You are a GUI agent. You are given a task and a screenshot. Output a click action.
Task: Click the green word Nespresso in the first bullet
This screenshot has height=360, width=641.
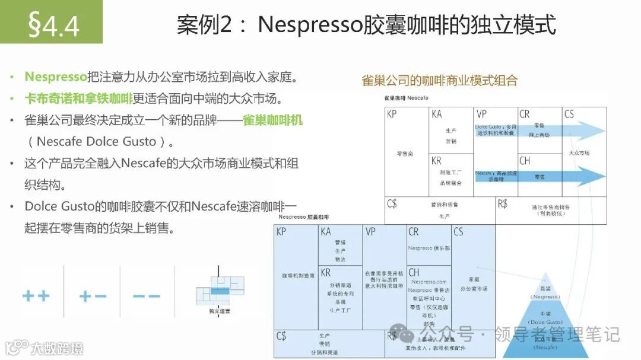click(x=55, y=77)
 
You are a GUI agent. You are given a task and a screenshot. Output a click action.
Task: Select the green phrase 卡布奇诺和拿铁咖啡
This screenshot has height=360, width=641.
click(x=79, y=98)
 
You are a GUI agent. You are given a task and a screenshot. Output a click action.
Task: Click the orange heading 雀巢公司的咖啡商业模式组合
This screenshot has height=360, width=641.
click(x=440, y=81)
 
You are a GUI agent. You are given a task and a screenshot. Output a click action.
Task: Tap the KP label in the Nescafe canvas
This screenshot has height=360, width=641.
click(x=392, y=114)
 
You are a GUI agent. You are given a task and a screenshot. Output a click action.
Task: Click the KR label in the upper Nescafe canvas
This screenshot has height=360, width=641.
click(x=436, y=161)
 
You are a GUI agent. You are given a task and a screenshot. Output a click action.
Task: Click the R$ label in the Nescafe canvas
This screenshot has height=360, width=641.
click(x=503, y=203)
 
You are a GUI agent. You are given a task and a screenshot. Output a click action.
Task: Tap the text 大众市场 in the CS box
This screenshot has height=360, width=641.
click(x=579, y=153)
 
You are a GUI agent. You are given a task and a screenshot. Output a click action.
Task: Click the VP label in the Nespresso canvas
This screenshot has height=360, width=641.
click(x=371, y=232)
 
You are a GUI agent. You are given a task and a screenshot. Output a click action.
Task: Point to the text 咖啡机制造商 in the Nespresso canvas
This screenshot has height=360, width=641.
click(x=295, y=276)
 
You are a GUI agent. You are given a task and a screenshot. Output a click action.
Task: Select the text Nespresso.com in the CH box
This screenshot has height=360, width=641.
click(x=427, y=282)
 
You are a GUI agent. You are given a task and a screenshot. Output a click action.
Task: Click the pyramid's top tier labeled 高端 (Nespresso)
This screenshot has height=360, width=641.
click(x=545, y=292)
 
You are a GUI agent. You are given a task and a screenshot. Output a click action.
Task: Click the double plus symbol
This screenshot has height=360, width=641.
click(x=36, y=295)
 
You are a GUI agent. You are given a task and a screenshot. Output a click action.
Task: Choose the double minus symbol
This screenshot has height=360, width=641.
click(x=146, y=295)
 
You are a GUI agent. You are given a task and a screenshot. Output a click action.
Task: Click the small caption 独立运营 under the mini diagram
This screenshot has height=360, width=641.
click(x=220, y=310)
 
